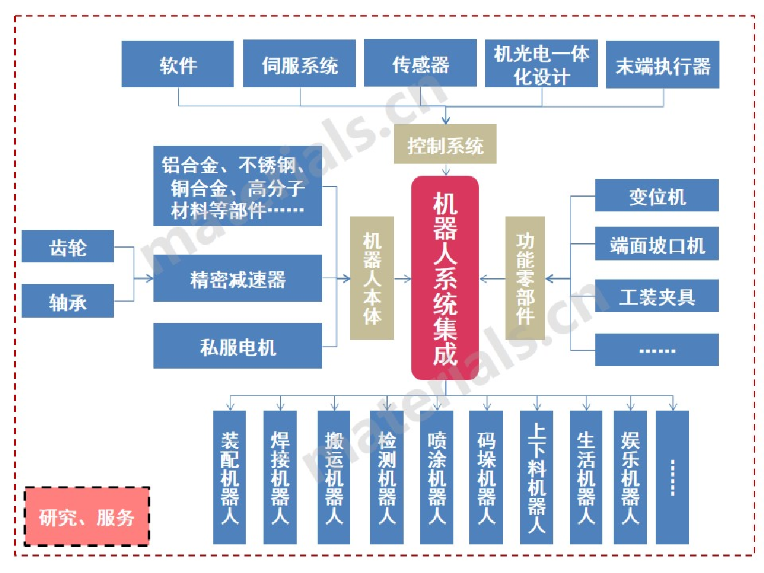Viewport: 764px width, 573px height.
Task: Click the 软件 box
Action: (178, 64)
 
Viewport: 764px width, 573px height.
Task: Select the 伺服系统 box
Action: (299, 64)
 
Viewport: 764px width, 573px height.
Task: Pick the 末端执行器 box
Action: (662, 65)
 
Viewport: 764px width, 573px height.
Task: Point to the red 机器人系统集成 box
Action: (445, 278)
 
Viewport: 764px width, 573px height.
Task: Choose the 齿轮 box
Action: (67, 246)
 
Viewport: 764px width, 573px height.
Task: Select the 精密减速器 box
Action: (237, 278)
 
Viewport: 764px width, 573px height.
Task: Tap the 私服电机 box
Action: (237, 346)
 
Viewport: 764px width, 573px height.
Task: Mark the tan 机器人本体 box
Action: (372, 278)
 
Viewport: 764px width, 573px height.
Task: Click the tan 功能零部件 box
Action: (525, 278)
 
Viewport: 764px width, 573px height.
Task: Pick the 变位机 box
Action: (656, 195)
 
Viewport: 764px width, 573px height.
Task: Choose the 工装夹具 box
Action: (656, 296)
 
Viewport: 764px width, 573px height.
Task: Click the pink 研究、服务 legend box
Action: (87, 517)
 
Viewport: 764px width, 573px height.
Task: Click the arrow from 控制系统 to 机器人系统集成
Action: (445, 169)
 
